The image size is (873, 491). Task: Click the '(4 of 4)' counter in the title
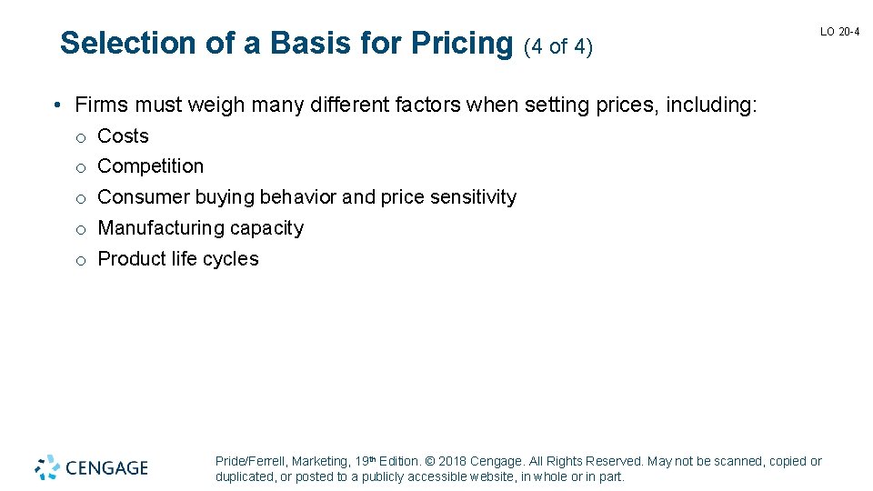(558, 45)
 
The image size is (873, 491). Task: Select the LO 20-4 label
(839, 32)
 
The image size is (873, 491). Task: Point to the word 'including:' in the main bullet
(710, 105)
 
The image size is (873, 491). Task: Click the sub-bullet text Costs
(123, 136)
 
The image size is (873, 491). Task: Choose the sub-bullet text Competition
(150, 166)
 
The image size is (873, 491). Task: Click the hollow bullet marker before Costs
(81, 137)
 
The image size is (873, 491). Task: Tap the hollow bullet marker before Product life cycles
(81, 261)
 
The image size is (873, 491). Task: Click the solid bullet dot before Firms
(56, 106)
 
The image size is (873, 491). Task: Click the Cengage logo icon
(47, 467)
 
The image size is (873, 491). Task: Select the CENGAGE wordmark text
(106, 468)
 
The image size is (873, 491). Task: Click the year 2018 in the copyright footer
(453, 462)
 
